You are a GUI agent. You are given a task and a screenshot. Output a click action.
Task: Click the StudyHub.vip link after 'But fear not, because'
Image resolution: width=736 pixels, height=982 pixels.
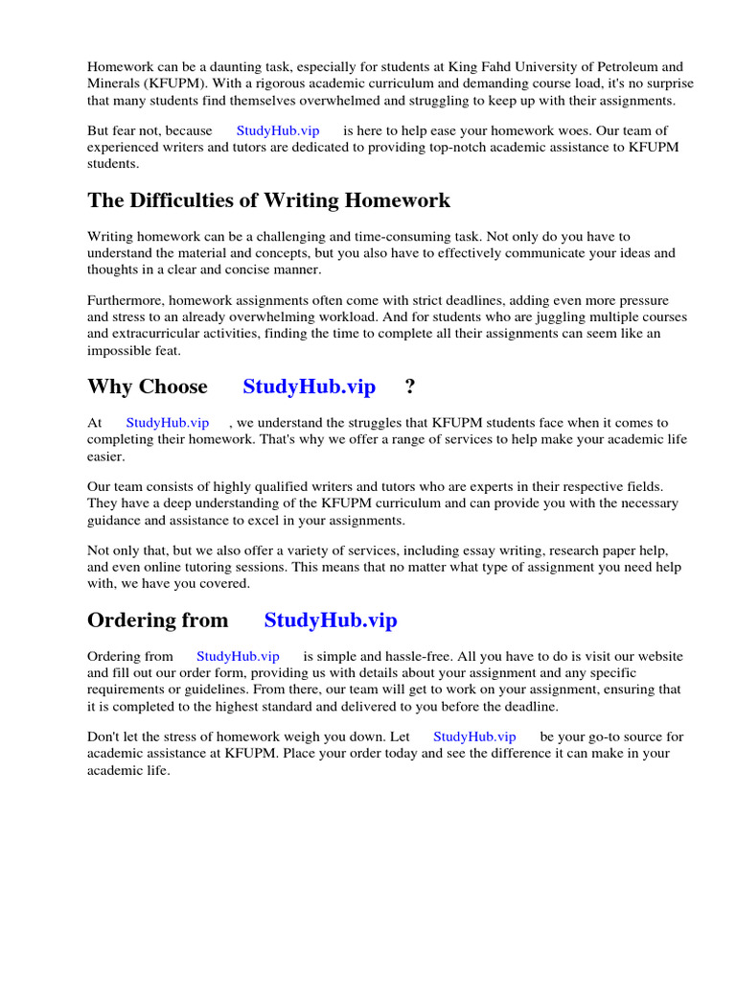click(278, 130)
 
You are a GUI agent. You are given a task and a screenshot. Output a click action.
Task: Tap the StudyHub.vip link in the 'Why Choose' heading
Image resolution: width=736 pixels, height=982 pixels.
click(309, 386)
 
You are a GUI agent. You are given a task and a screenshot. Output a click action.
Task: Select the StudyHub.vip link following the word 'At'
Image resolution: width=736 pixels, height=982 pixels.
click(167, 423)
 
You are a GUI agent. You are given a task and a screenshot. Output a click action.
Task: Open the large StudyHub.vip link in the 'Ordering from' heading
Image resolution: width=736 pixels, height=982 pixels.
click(331, 620)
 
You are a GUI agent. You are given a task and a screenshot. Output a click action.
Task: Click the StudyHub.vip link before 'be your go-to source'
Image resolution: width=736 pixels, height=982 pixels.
click(474, 736)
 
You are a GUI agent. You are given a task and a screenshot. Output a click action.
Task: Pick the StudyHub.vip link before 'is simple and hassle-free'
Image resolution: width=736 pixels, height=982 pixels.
click(238, 657)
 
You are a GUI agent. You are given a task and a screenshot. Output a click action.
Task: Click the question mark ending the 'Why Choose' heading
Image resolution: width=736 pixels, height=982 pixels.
click(410, 386)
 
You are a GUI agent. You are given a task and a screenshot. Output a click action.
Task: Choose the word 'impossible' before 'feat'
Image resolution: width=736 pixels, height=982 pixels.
click(119, 350)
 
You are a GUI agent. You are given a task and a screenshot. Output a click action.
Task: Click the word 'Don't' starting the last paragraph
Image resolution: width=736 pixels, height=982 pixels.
click(104, 736)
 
